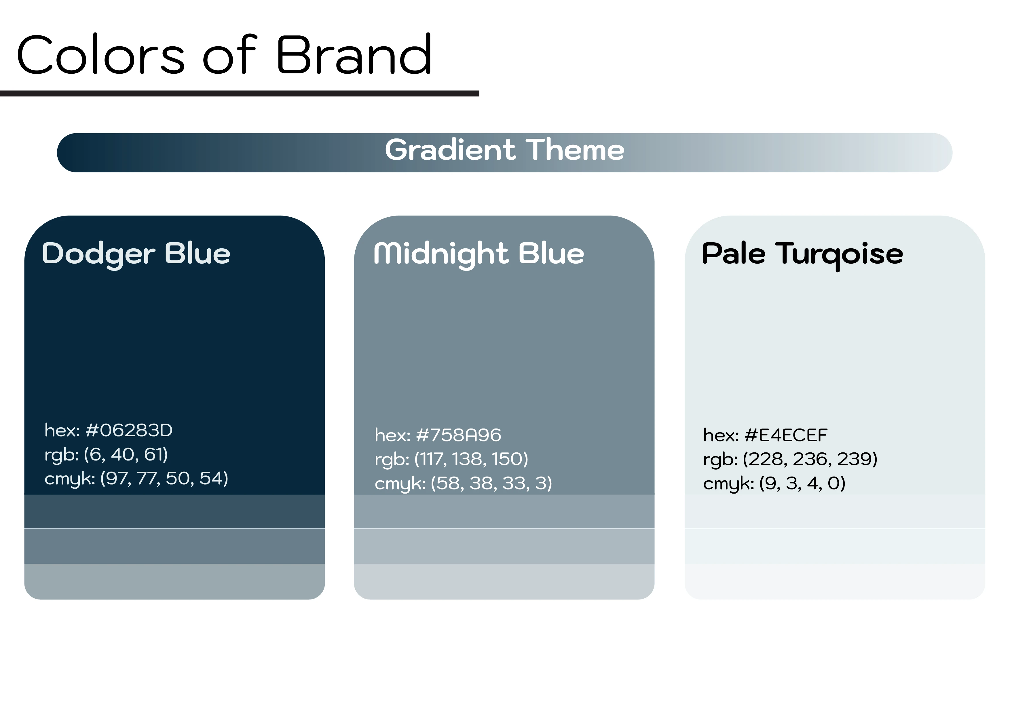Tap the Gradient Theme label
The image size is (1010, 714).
click(504, 150)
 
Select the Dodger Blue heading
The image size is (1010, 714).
click(136, 254)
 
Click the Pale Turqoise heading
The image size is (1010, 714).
click(802, 255)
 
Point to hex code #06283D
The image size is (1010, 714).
click(129, 431)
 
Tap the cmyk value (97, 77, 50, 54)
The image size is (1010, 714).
click(164, 478)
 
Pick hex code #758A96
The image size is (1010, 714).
click(458, 435)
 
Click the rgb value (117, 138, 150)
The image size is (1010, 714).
click(471, 459)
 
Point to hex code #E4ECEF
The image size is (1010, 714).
click(786, 435)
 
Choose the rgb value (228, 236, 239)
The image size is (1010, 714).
click(810, 459)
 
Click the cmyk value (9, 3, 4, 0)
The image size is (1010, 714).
click(802, 483)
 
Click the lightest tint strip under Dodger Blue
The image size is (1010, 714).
click(175, 582)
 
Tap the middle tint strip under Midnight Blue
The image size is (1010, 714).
click(504, 546)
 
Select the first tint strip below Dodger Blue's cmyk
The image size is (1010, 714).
click(175, 511)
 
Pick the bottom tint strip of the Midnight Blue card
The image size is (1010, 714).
click(504, 582)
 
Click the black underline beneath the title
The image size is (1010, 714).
click(240, 94)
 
